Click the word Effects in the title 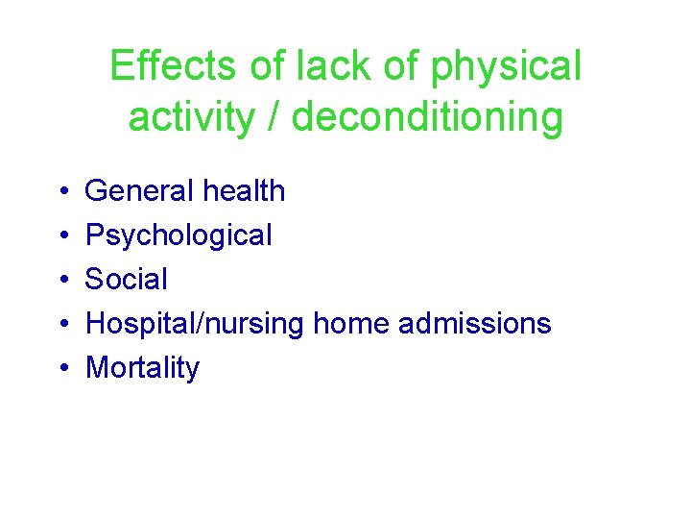tap(174, 66)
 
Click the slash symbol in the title tap(276, 117)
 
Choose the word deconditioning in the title tap(428, 118)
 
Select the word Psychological tap(179, 235)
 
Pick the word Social tap(127, 279)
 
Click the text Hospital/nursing tap(196, 324)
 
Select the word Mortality tap(142, 368)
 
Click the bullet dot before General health tap(62, 192)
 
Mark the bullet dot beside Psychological tap(62, 236)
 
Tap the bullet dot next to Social tap(62, 281)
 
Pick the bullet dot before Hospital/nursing tap(62, 325)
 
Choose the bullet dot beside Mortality tap(62, 369)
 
